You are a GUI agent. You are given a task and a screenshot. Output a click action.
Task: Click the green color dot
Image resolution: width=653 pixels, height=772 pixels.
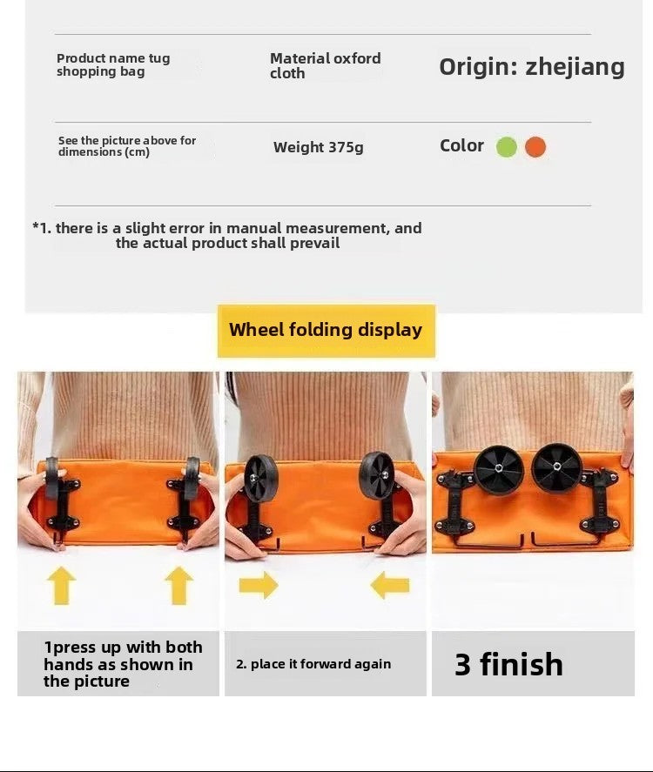(x=506, y=147)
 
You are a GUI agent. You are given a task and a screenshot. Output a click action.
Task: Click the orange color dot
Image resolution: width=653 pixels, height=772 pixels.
(x=535, y=147)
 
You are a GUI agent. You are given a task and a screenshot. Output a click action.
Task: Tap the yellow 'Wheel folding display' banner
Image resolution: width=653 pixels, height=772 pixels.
(x=326, y=331)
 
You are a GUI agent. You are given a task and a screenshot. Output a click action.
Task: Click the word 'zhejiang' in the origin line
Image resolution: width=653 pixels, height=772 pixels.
(x=575, y=67)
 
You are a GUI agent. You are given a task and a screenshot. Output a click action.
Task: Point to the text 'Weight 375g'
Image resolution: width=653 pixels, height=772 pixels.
(x=318, y=147)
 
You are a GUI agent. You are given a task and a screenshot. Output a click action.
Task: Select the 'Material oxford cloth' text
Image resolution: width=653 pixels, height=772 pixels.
(x=325, y=65)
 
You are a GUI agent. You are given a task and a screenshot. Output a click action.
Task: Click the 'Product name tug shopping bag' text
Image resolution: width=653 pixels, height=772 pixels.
(x=113, y=64)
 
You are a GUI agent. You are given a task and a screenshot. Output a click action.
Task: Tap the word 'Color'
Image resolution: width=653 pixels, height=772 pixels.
(x=461, y=145)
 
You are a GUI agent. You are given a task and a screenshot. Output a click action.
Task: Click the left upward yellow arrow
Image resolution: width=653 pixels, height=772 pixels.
(x=62, y=585)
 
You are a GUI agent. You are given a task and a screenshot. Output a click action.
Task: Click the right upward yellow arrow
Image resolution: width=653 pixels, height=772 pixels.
(x=178, y=585)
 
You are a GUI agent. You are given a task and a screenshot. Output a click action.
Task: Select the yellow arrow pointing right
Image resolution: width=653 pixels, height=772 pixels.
(x=259, y=585)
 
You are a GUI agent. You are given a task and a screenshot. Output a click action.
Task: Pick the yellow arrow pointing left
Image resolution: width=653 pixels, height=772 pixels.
(x=389, y=585)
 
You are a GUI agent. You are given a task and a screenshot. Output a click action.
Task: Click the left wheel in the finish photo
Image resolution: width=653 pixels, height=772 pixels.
(x=498, y=468)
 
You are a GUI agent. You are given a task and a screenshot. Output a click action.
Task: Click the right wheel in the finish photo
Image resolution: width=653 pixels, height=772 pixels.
(x=556, y=467)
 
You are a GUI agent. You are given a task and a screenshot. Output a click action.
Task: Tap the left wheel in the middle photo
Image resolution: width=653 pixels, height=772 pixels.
(x=261, y=477)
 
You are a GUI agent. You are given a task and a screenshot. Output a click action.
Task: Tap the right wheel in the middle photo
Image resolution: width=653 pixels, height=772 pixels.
(x=377, y=475)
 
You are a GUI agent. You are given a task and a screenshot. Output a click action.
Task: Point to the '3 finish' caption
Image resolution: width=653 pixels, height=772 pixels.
(x=508, y=664)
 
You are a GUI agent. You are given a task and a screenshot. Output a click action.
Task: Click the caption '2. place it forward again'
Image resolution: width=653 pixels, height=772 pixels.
(x=313, y=664)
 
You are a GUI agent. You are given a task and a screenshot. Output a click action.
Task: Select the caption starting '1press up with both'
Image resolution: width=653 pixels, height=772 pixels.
(x=123, y=664)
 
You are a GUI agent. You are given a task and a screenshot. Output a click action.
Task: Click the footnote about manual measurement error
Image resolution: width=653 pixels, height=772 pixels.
(x=227, y=235)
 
